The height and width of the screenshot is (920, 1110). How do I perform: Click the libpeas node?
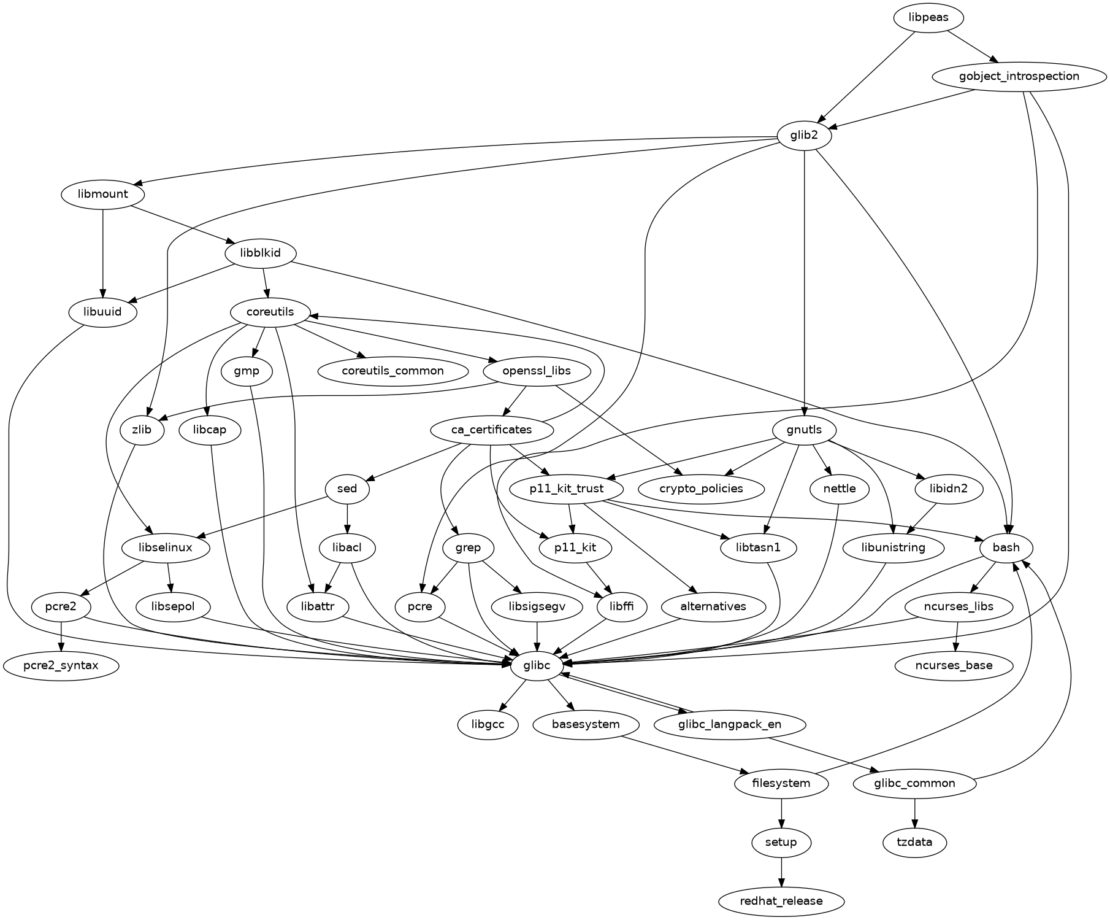pos(928,18)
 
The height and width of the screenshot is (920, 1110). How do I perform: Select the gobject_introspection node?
pos(1019,77)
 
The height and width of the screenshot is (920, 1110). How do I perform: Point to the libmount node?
pos(103,195)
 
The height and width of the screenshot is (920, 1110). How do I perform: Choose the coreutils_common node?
pos(392,371)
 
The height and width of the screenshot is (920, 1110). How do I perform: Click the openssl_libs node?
pos(537,371)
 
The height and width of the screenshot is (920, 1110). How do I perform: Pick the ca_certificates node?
pos(491,430)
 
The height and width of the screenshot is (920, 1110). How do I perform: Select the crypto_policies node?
pos(701,489)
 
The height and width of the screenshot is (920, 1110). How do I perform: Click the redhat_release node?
pos(781,902)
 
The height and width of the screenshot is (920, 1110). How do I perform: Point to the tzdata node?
pos(914,843)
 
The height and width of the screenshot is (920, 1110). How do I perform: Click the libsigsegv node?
pos(537,607)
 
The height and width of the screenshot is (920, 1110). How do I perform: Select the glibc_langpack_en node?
pos(729,725)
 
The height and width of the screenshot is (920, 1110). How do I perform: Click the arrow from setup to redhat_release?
pos(781,872)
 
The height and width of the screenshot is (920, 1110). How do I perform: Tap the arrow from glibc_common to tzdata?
pos(914,813)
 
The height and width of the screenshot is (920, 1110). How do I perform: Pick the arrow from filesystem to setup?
pos(781,813)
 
